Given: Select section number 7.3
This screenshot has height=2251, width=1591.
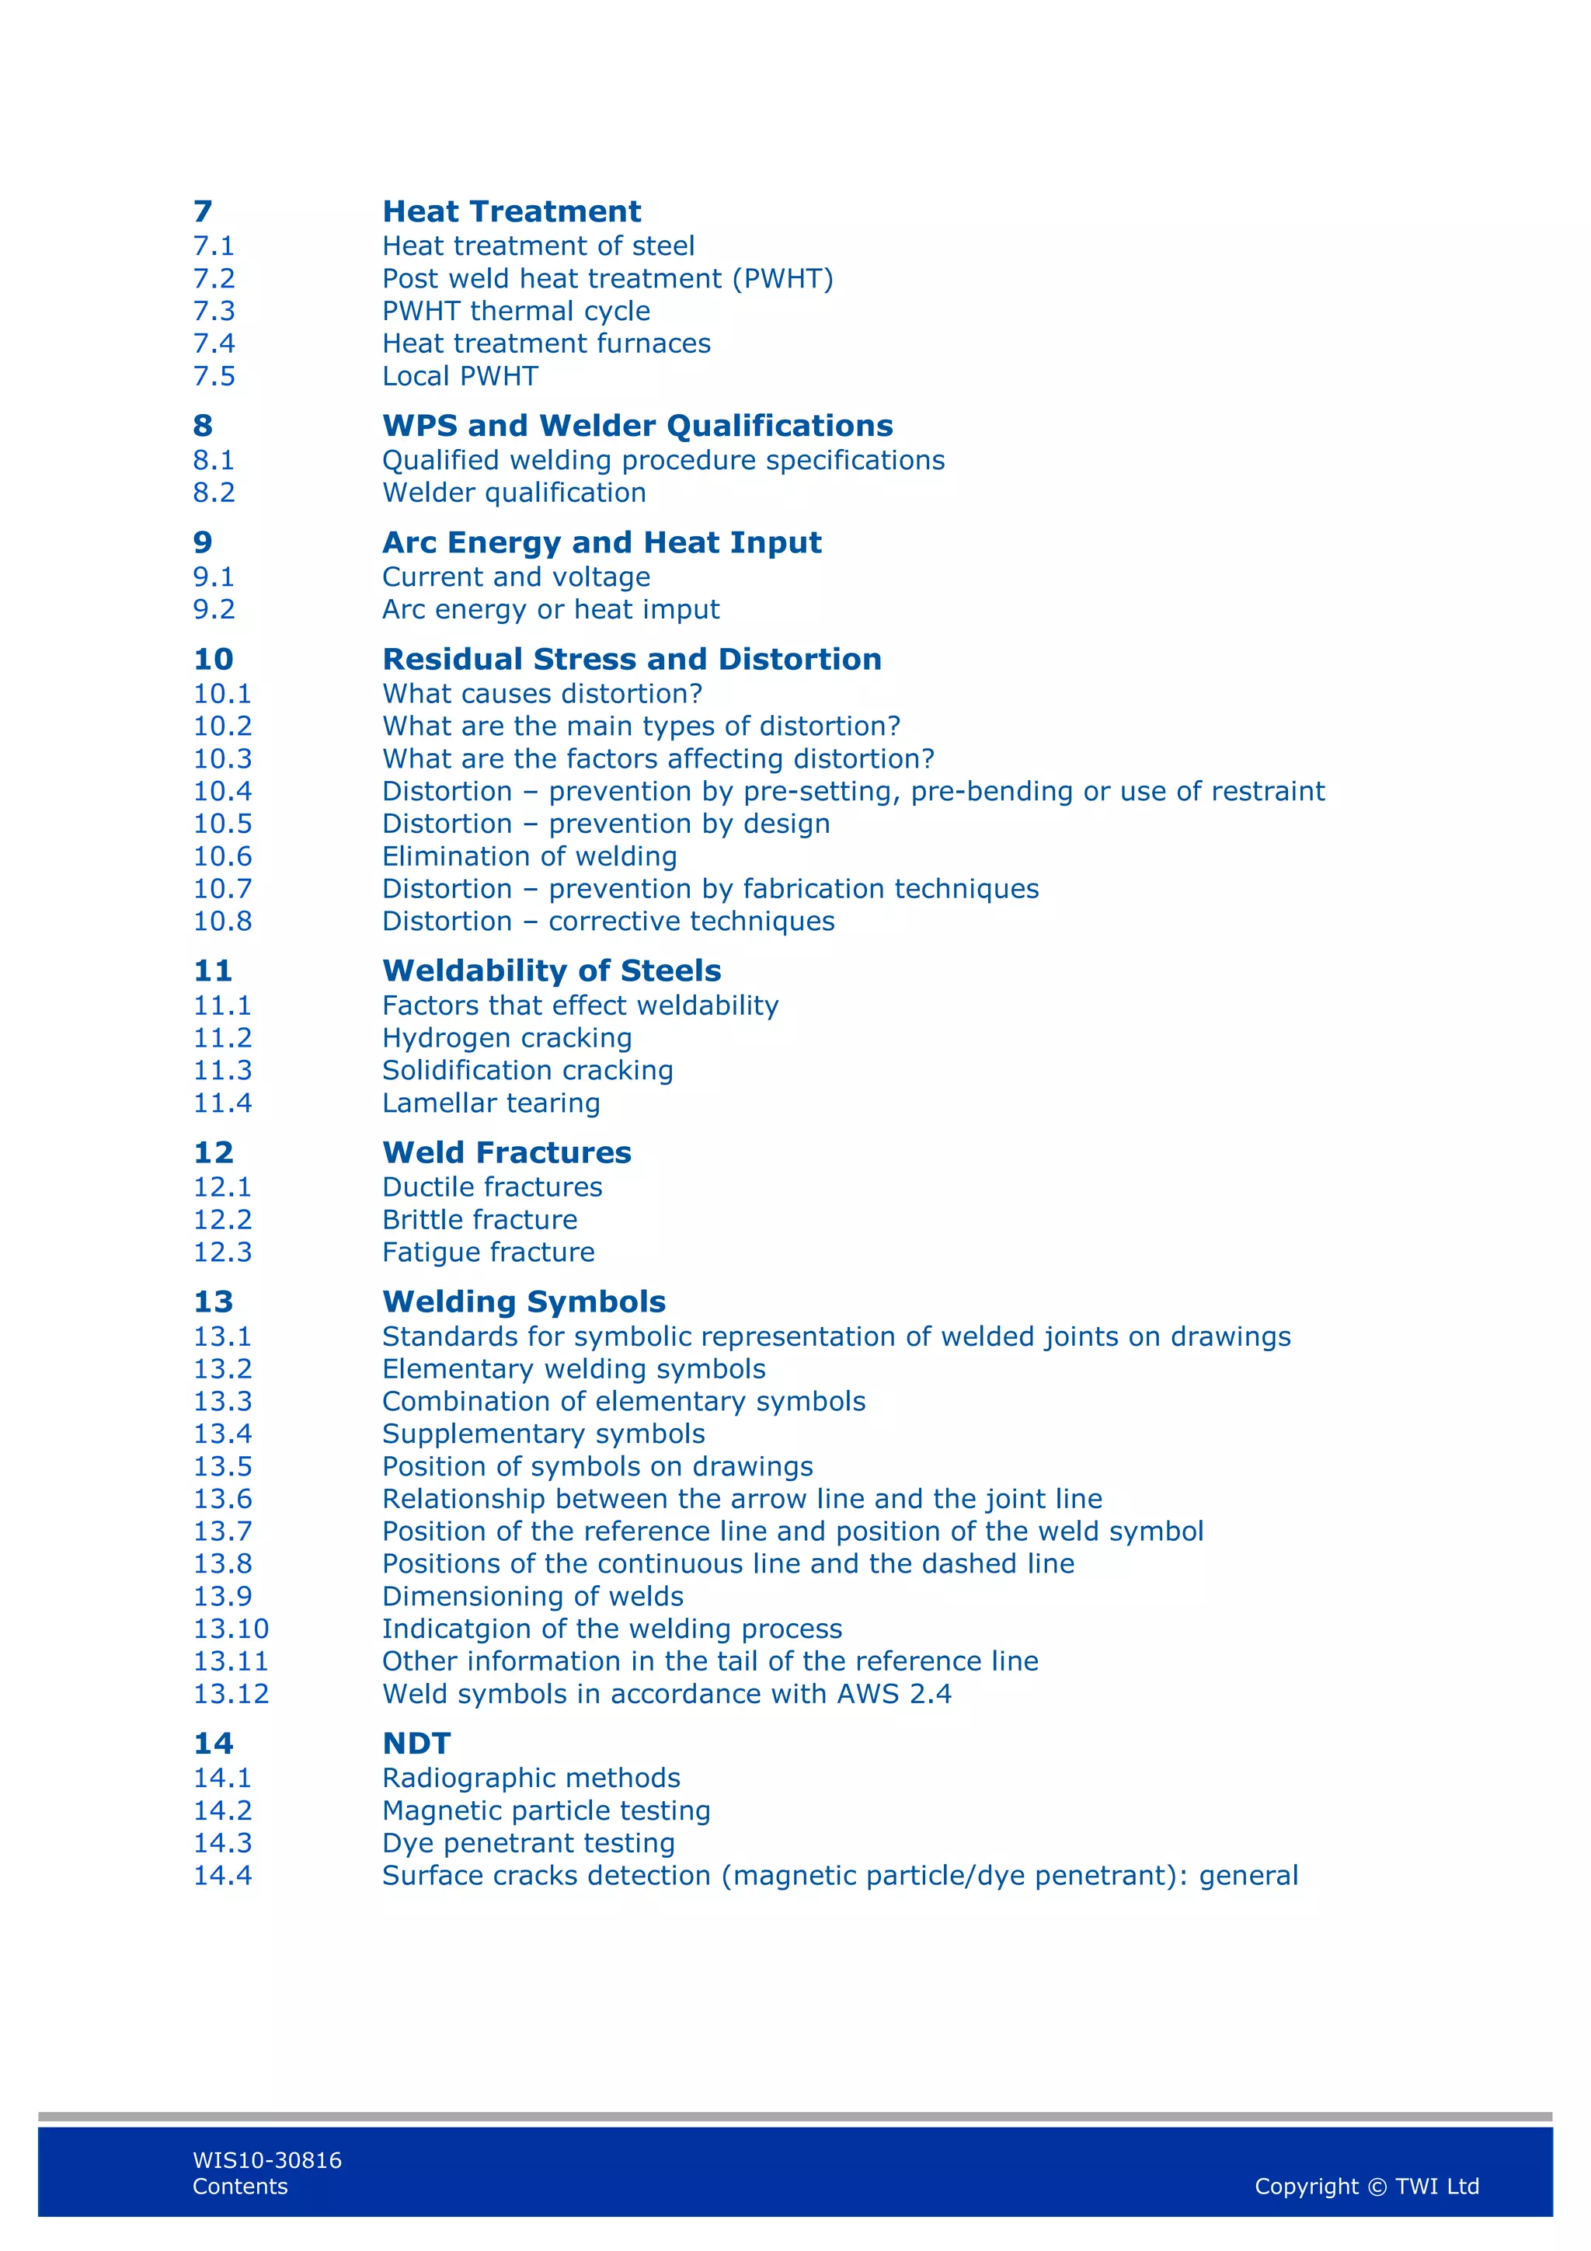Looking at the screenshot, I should [x=214, y=311].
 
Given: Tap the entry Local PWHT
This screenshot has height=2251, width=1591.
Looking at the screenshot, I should [x=460, y=377].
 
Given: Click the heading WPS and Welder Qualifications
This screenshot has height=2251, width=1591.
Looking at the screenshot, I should [x=637, y=426].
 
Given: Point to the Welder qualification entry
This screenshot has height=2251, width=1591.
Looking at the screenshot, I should [x=514, y=493].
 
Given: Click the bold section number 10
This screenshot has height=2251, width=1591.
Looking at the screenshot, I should [x=213, y=660].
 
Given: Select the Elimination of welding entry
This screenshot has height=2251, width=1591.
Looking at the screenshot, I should [x=529, y=857].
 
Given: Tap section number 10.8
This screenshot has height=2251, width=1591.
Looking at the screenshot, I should [x=222, y=922].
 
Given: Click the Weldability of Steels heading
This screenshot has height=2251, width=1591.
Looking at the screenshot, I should [x=551, y=971].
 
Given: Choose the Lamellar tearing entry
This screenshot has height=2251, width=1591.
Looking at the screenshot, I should [x=490, y=1104].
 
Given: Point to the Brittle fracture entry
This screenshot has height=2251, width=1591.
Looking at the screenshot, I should [x=479, y=1221].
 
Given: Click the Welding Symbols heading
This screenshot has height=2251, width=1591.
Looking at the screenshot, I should [x=524, y=1302].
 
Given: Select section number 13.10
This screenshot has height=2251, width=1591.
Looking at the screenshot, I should [x=231, y=1629].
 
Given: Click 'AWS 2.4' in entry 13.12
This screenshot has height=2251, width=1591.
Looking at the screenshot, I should [x=893, y=1694].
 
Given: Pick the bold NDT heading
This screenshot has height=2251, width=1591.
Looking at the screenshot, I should [x=416, y=1744].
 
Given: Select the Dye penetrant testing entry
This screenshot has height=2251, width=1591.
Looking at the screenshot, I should [x=528, y=1843].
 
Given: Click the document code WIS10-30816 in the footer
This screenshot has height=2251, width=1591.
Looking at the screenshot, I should [x=266, y=2161].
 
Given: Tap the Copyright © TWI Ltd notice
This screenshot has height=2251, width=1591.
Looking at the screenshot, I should [x=1366, y=2187].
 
